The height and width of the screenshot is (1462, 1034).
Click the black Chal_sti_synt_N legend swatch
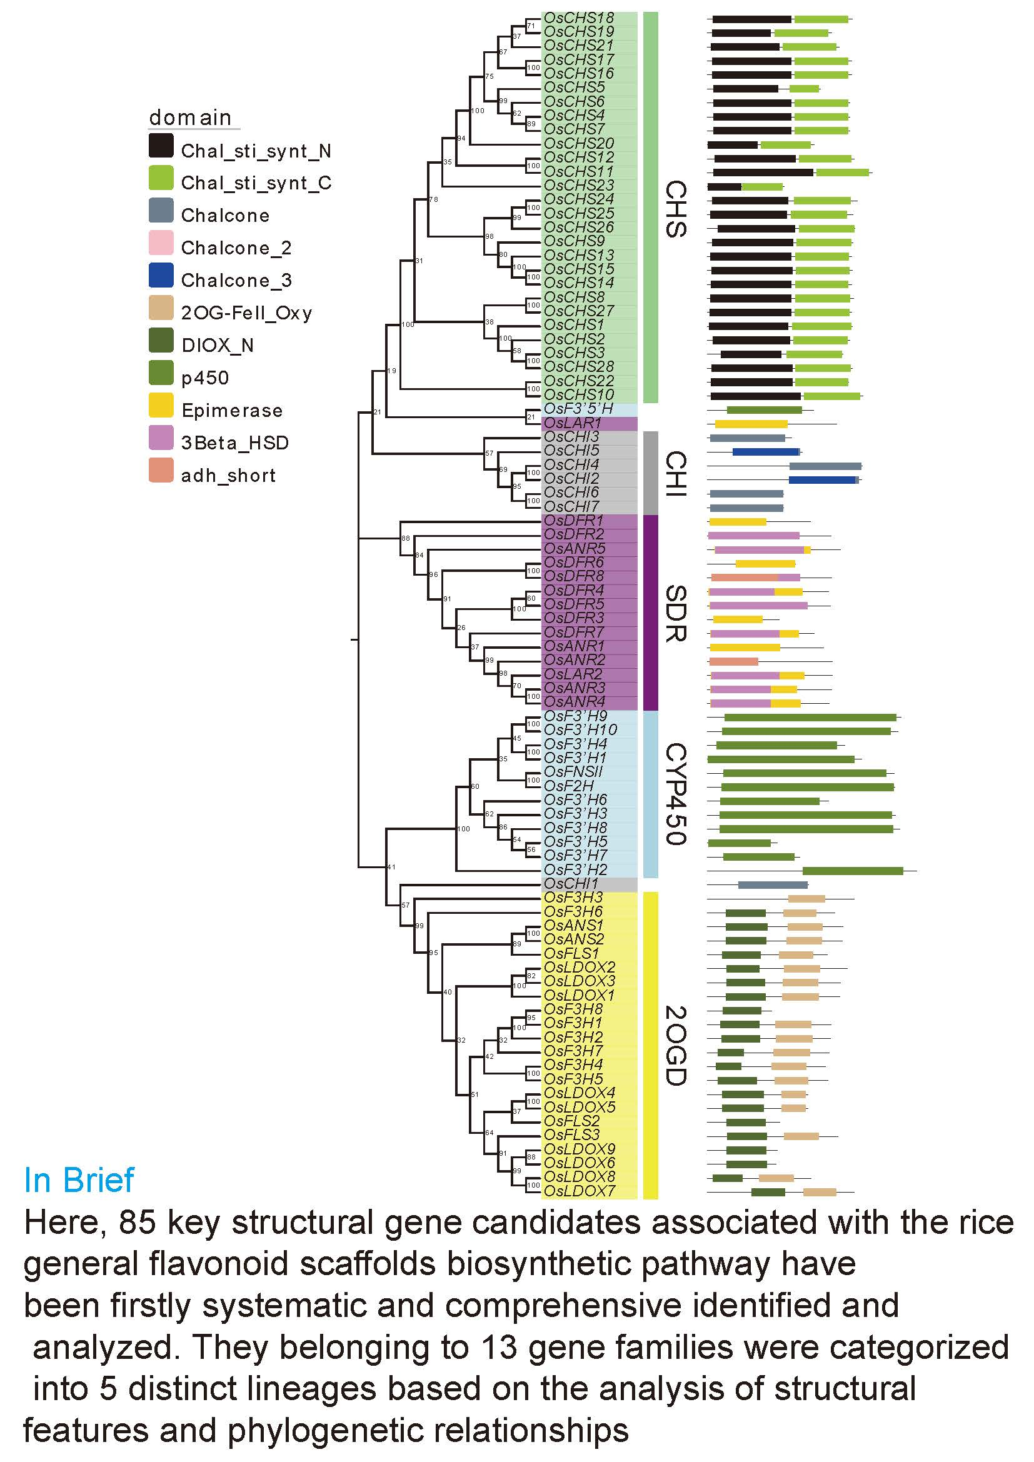coord(161,146)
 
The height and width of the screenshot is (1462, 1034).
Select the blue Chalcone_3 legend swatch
coord(161,275)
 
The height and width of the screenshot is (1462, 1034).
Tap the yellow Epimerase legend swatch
coord(161,405)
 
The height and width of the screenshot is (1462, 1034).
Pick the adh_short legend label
coord(228,475)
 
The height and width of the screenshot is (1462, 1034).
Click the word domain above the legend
coord(190,118)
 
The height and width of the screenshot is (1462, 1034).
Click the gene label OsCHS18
coord(579,18)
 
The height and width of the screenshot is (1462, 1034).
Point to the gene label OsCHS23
coord(579,185)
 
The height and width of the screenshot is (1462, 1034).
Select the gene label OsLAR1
coord(573,423)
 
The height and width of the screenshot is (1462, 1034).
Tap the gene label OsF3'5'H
coord(578,409)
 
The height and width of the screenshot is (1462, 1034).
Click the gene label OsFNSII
coord(573,772)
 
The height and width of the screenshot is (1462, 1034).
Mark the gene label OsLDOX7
coord(580,1191)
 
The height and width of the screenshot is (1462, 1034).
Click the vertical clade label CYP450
coord(676,793)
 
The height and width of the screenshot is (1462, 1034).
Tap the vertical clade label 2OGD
coord(676,1045)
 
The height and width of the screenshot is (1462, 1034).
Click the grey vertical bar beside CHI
coord(650,473)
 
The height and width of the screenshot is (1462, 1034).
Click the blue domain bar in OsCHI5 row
coord(766,451)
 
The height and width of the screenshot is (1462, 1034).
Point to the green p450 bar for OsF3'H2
coord(853,871)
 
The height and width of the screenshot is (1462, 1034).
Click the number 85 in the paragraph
coord(137,1222)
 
